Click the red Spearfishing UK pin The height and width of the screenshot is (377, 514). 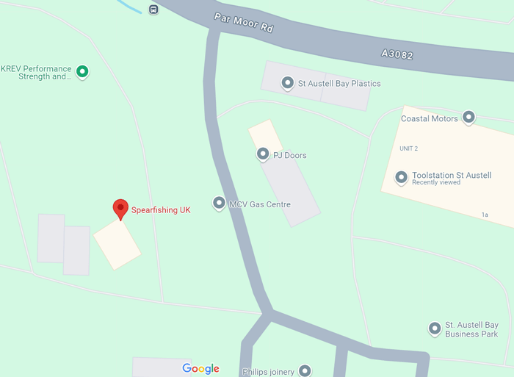120,209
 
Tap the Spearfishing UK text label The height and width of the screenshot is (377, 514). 161,210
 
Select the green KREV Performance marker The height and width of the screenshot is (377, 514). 83,72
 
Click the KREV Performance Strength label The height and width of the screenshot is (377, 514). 36,72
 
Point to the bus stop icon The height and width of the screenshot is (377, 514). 153,10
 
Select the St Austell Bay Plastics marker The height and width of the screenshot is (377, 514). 287,83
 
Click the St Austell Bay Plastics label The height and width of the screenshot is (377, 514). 339,84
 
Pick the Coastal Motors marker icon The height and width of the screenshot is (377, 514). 468,117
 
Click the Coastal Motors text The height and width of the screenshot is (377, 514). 429,118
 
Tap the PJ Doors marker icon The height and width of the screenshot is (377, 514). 262,154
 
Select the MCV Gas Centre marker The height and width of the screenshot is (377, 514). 218,203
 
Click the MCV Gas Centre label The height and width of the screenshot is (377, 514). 260,204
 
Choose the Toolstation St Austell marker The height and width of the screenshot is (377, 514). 401,177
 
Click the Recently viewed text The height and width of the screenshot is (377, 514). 436,182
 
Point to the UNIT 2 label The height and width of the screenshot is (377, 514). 408,148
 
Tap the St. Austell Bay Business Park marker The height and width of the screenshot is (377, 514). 435,328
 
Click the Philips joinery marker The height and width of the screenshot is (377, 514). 305,371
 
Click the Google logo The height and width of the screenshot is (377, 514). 200,368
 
